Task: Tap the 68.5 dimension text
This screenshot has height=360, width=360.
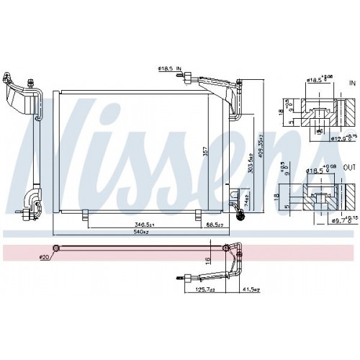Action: tap(212, 225)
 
